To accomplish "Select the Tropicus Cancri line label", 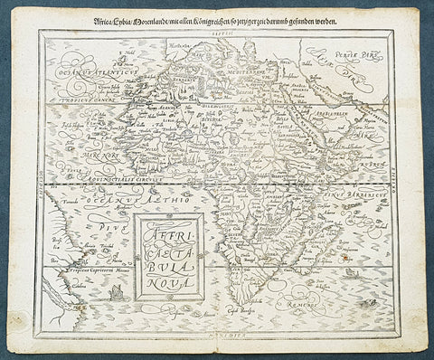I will click(82, 99).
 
